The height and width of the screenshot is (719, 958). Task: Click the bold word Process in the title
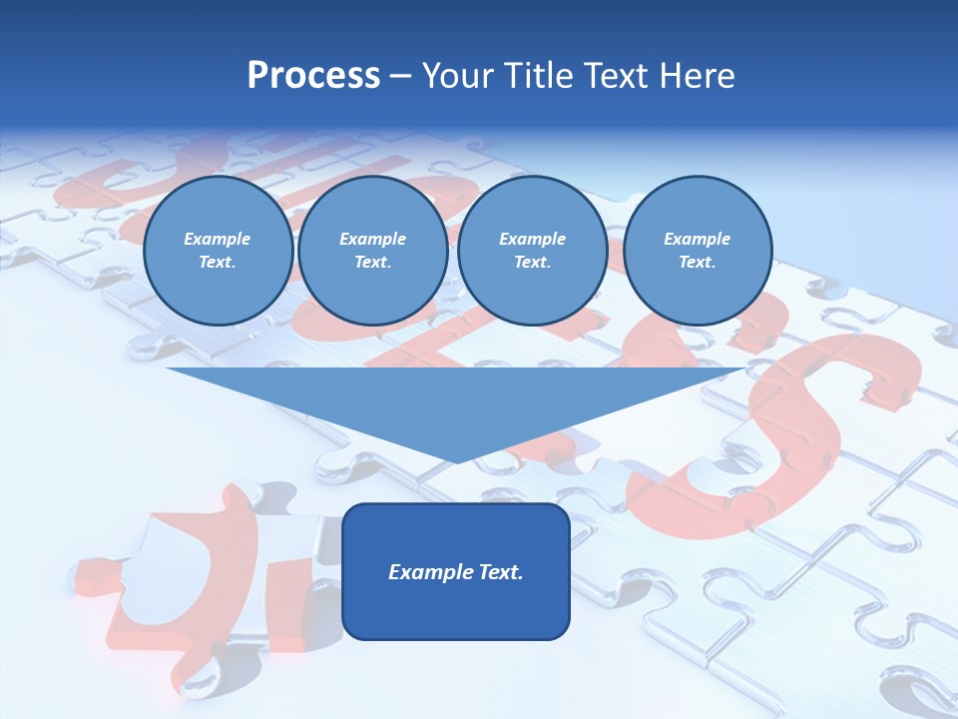[313, 76]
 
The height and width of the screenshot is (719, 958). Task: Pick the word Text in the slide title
[618, 76]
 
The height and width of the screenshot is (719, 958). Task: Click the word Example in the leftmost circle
[218, 239]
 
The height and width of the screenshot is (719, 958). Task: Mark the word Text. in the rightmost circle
[697, 262]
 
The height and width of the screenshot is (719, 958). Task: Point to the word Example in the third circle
[532, 239]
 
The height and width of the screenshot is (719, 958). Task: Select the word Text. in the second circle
[372, 262]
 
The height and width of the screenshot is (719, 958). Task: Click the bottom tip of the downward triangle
[457, 461]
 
